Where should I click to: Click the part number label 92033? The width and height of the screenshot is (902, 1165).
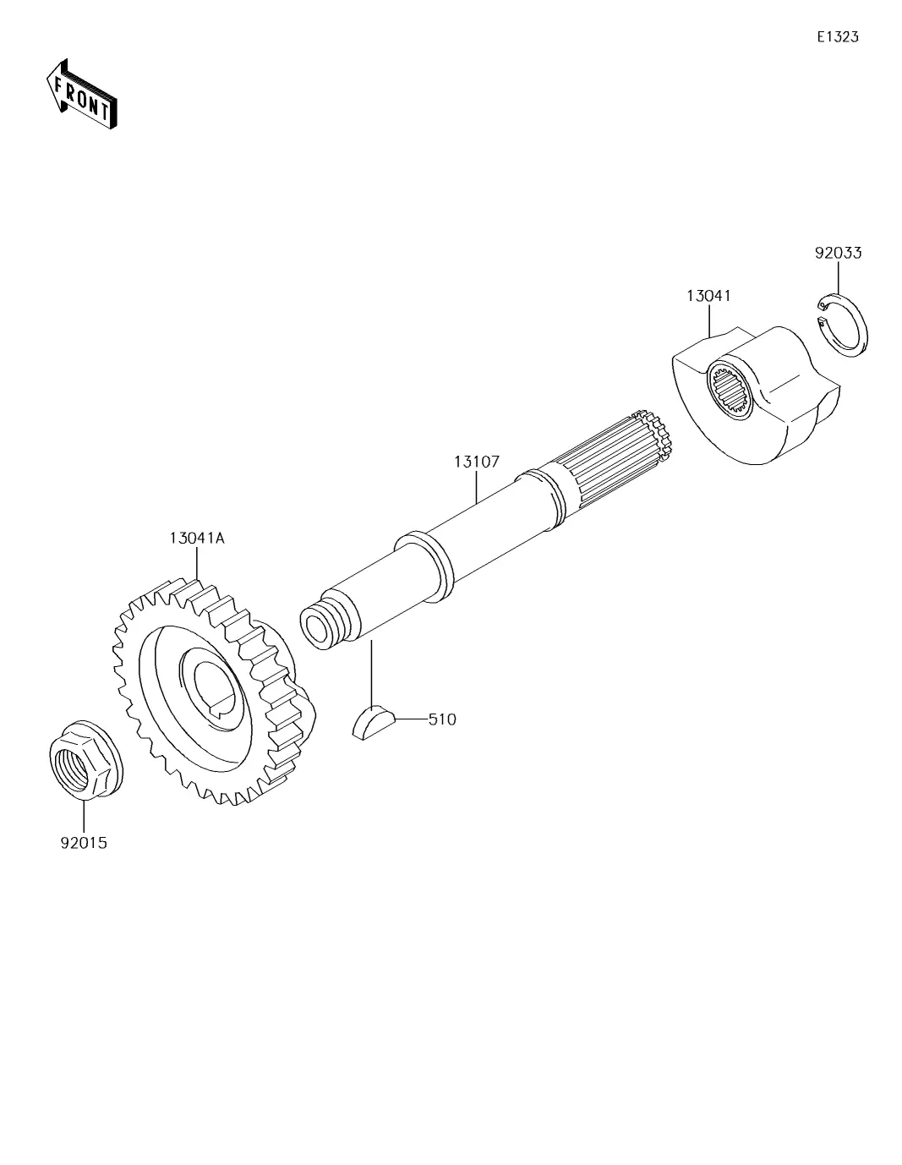coord(838,253)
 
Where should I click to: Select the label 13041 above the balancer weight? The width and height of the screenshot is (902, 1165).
coord(708,295)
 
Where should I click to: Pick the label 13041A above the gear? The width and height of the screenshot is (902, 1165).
coord(197,538)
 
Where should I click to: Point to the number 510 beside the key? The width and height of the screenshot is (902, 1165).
coord(442,719)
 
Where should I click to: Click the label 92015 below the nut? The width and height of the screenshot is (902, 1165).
coord(84,843)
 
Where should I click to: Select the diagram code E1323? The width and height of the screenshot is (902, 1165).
coord(837,36)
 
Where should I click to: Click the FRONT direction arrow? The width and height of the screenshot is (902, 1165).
coord(81,93)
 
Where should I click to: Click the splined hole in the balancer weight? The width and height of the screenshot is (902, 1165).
coord(731,391)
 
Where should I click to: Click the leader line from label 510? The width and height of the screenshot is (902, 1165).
coord(412,719)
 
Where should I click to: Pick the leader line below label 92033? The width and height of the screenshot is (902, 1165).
coord(839,277)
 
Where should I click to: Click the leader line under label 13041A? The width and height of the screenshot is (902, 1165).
coord(197,563)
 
